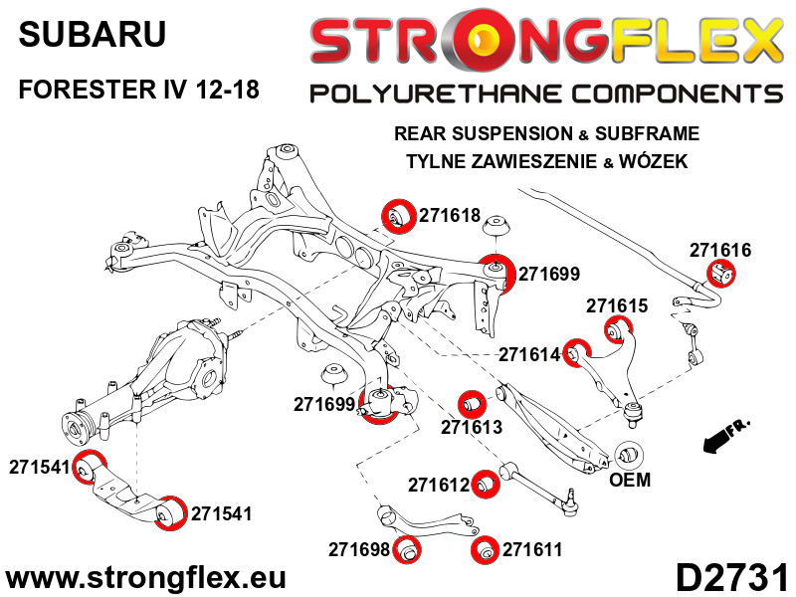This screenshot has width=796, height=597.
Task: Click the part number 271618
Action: (450, 215)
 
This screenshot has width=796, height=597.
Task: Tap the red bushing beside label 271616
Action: (721, 273)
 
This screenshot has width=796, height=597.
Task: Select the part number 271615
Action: (617, 305)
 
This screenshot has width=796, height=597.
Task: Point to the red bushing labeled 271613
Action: (472, 404)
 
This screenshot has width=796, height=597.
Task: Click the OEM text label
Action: (630, 480)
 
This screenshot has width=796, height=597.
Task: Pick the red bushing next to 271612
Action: (486, 484)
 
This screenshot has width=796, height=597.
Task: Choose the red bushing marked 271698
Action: (407, 550)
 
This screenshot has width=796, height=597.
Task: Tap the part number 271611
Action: (532, 549)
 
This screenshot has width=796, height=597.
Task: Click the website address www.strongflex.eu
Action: (145, 578)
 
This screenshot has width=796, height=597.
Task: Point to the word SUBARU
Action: (92, 35)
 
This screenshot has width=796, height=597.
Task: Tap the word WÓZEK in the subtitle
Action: (653, 161)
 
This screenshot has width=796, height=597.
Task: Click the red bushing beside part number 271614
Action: (577, 352)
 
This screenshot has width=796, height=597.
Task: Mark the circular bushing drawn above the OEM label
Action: (629, 455)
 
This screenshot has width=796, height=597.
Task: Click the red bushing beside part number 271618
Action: (398, 216)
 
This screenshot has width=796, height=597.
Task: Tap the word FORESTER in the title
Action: (88, 90)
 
